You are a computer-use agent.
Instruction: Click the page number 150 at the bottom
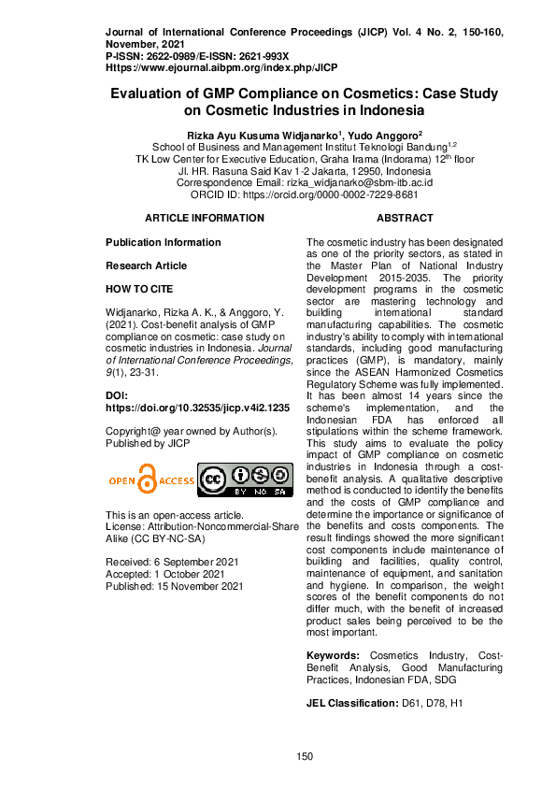(304, 756)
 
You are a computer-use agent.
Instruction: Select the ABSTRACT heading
(404, 218)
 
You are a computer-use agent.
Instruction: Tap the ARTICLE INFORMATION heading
(205, 218)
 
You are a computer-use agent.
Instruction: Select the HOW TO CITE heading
(139, 290)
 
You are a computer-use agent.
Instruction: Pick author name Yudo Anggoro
(388, 135)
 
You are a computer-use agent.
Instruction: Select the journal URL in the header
(221, 67)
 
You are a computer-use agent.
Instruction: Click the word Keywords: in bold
(333, 656)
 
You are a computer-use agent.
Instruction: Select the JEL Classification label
(351, 701)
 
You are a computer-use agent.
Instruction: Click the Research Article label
(146, 265)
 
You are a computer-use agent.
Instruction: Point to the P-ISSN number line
(197, 56)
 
